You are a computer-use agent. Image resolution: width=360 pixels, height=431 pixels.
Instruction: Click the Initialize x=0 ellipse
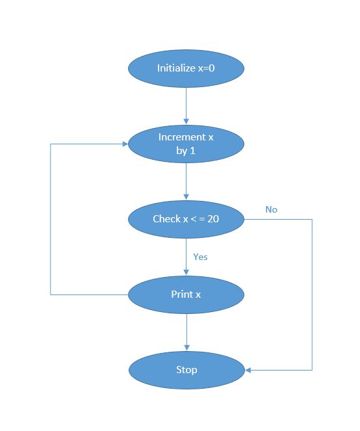[x=186, y=68]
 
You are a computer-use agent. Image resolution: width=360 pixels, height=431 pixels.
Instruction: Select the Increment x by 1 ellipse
[x=186, y=144]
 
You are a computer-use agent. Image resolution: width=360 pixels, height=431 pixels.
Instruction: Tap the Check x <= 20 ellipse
[x=186, y=219]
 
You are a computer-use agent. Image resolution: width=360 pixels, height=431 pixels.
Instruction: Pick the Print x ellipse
[x=186, y=294]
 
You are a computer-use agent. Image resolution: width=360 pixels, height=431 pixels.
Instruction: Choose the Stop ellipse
[x=186, y=371]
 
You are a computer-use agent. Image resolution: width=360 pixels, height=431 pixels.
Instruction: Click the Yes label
[x=200, y=257]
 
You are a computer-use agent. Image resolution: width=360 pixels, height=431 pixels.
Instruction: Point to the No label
[x=271, y=209]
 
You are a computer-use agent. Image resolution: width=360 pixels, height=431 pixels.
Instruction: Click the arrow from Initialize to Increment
[x=186, y=104]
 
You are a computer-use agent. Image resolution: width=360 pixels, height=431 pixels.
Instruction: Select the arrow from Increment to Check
[x=186, y=181]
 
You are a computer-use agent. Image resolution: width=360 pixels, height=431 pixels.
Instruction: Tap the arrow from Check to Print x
[x=186, y=256]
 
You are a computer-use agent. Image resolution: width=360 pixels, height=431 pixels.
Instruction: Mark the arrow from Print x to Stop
[x=186, y=332]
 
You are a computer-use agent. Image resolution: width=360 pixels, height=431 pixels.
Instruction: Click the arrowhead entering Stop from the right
[x=248, y=371]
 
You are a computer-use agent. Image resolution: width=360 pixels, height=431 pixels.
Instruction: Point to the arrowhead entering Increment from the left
[x=124, y=144]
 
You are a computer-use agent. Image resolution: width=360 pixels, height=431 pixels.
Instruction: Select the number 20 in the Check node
[x=212, y=219]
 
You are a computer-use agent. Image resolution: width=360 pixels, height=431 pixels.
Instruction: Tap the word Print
[x=181, y=294]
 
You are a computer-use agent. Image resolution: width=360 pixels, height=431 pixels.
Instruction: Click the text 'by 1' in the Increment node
[x=186, y=151]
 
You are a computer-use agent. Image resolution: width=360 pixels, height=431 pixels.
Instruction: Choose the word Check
[x=166, y=219]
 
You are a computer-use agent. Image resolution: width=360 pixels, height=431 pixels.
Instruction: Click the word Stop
[x=186, y=371]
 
